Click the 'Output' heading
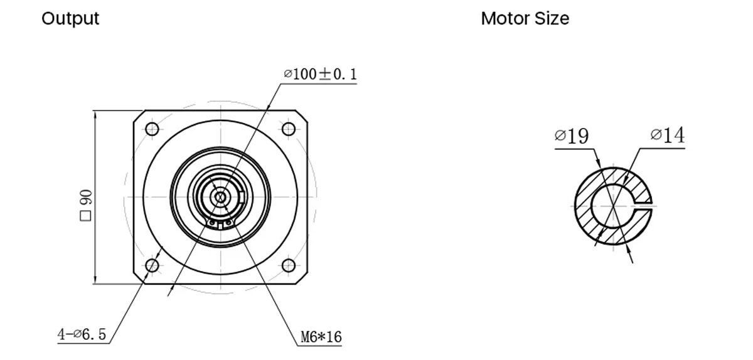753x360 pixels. click(70, 19)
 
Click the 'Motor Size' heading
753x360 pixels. click(525, 19)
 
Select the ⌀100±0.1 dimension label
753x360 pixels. click(320, 75)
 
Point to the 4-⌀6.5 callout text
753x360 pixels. click(82, 335)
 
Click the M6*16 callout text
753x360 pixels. click(321, 337)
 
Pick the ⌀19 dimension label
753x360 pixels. click(572, 136)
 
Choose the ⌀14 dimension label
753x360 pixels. click(668, 135)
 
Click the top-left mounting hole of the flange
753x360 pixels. click(151, 129)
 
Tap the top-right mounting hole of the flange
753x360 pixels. click(288, 129)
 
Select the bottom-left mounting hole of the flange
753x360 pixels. click(151, 265)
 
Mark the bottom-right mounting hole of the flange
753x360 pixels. click(288, 265)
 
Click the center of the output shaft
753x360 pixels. click(220, 197)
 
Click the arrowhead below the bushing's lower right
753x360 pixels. click(630, 256)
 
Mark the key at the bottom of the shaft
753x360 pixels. click(220, 222)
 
